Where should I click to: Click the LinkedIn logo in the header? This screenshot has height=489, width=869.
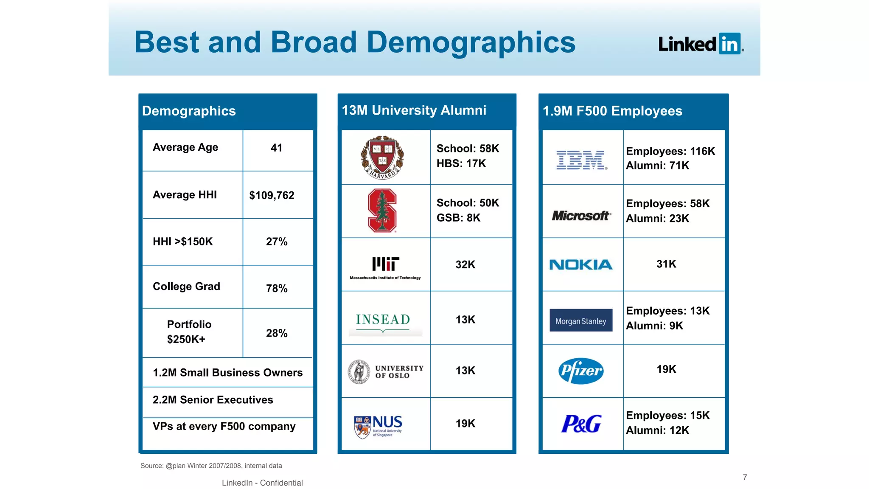coord(701,44)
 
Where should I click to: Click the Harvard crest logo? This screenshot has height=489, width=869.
coord(382,157)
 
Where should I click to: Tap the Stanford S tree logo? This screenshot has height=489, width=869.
coord(382,211)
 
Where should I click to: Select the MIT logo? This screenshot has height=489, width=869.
coord(385,267)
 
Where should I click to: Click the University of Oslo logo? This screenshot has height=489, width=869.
coord(385,372)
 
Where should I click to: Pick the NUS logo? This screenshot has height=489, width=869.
coord(378,426)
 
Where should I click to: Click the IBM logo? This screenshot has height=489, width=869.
coord(582,160)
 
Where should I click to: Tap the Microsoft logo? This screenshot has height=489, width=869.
coord(581,216)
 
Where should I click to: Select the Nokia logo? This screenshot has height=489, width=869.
coord(581,265)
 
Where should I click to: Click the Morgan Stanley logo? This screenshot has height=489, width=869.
coord(581,320)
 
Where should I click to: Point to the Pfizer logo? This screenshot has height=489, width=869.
coord(581,371)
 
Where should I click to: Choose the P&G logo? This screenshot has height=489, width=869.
coord(581,424)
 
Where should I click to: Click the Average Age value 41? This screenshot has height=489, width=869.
coord(277,148)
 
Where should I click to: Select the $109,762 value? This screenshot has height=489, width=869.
coord(272,195)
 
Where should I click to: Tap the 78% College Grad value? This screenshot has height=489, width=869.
coord(277,289)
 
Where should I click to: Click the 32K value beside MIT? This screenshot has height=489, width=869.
coord(465,265)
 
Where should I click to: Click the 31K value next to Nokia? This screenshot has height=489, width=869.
coord(667,264)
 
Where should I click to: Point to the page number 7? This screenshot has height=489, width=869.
coord(745,477)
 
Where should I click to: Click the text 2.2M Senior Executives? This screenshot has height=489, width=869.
coord(213,400)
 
